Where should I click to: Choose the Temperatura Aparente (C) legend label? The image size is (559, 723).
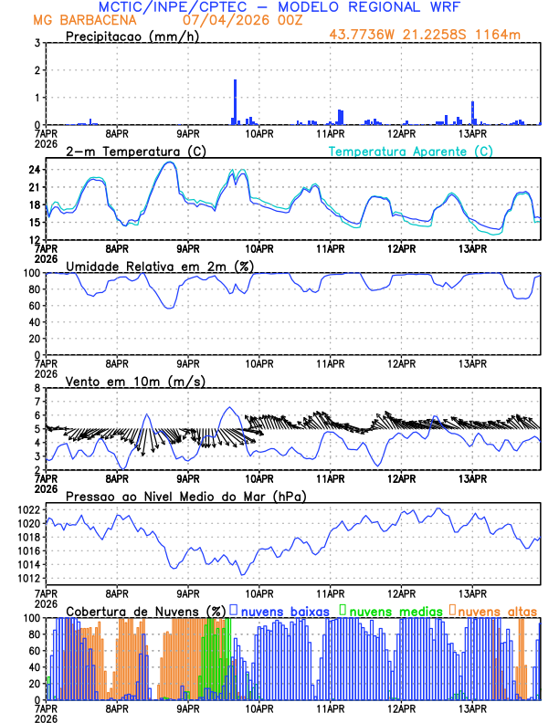pyautogui.click(x=411, y=151)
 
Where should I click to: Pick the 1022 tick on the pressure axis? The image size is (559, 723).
pyautogui.click(x=27, y=509)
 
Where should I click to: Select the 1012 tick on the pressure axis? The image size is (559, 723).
pyautogui.click(x=27, y=578)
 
